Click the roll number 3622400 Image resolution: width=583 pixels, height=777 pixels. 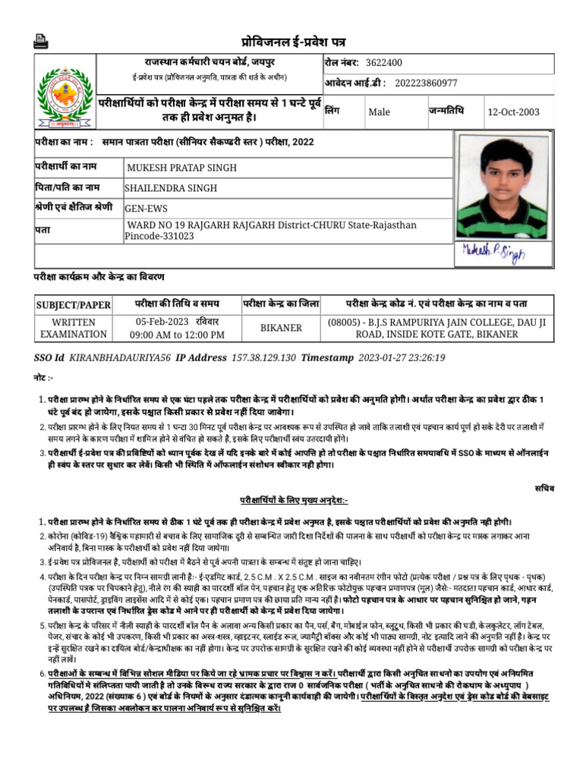384,62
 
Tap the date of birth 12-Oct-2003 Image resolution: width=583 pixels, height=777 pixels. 514,112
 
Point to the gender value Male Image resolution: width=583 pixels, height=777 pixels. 379,112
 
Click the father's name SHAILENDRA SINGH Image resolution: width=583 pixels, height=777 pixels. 171,188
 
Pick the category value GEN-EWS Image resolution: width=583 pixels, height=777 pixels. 147,209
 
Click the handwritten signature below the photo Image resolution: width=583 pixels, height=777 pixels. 493,253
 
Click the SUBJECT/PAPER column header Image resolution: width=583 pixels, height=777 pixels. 74,305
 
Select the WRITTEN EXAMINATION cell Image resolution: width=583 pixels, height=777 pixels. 74,328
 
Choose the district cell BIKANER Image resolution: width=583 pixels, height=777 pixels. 281,328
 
